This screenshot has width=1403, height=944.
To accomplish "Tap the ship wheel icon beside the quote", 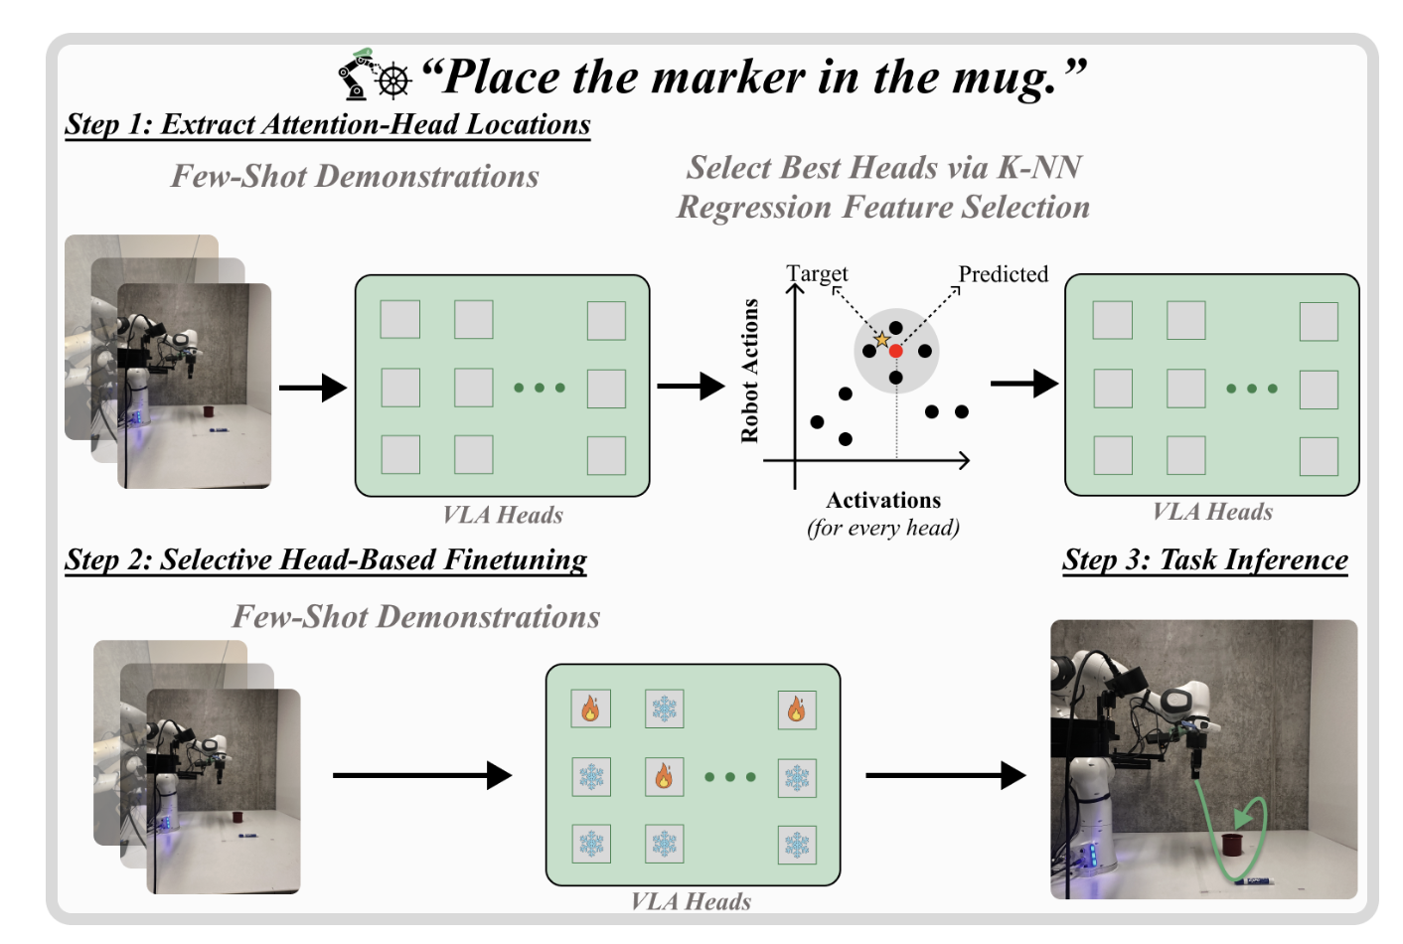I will (393, 80).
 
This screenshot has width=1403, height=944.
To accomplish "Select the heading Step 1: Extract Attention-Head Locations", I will (327, 124).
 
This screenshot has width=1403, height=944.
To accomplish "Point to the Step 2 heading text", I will (325, 559).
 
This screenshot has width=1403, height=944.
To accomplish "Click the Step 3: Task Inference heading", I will (1204, 559).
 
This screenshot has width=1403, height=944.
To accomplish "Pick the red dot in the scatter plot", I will (895, 351).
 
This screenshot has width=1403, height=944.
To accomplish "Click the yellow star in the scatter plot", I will (881, 340).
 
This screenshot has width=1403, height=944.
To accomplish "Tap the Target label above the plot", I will (817, 273).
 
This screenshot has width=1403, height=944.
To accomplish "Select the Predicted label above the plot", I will (1003, 274).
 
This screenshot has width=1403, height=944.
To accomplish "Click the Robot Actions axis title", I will (749, 371).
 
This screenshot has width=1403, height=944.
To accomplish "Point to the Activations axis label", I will (882, 500).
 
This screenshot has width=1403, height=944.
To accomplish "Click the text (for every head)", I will (882, 528).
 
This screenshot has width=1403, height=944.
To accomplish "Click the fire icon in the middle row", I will (664, 776).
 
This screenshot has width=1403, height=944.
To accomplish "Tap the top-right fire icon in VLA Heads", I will (796, 709).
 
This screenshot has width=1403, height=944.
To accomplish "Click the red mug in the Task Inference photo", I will (1233, 845).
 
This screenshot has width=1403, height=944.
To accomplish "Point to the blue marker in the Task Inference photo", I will (1256, 880).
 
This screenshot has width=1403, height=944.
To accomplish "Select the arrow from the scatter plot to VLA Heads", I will (1024, 384).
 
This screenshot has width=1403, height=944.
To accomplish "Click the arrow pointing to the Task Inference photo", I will (944, 775).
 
